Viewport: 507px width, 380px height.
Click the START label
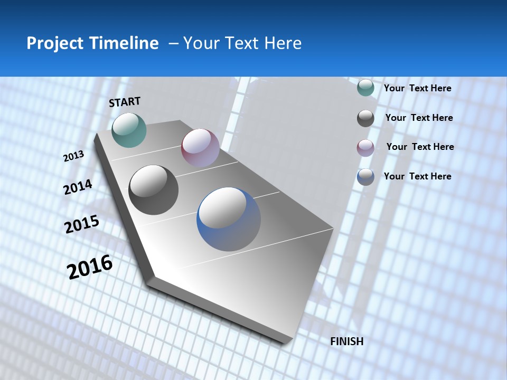point(125,102)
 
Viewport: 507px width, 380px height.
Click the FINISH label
point(346,341)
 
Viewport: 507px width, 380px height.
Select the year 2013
point(73,156)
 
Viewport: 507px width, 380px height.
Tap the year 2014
point(78,187)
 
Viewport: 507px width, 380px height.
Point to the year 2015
point(82,224)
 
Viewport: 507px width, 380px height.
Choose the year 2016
point(90,267)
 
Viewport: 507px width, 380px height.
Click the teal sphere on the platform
point(129,130)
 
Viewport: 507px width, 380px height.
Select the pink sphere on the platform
point(200,148)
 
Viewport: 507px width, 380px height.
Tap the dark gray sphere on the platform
point(154,190)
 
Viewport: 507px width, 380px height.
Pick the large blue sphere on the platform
point(229,219)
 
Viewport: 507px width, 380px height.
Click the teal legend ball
point(365,88)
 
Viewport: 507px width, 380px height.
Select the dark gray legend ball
point(365,118)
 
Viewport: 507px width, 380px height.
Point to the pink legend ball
point(365,148)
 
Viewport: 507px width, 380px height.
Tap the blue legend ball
point(365,177)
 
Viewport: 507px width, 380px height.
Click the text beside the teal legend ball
point(417,88)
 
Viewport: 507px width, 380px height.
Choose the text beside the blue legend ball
point(417,176)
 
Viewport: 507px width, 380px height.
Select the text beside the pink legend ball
point(420,147)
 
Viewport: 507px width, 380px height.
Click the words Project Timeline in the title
point(92,43)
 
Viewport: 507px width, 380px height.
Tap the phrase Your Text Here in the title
point(242,43)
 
